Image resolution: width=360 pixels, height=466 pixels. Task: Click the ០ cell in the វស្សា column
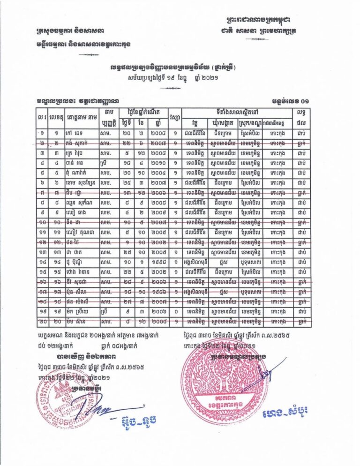[x=175, y=311]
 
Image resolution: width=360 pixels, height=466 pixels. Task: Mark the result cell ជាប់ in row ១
[x=300, y=134]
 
